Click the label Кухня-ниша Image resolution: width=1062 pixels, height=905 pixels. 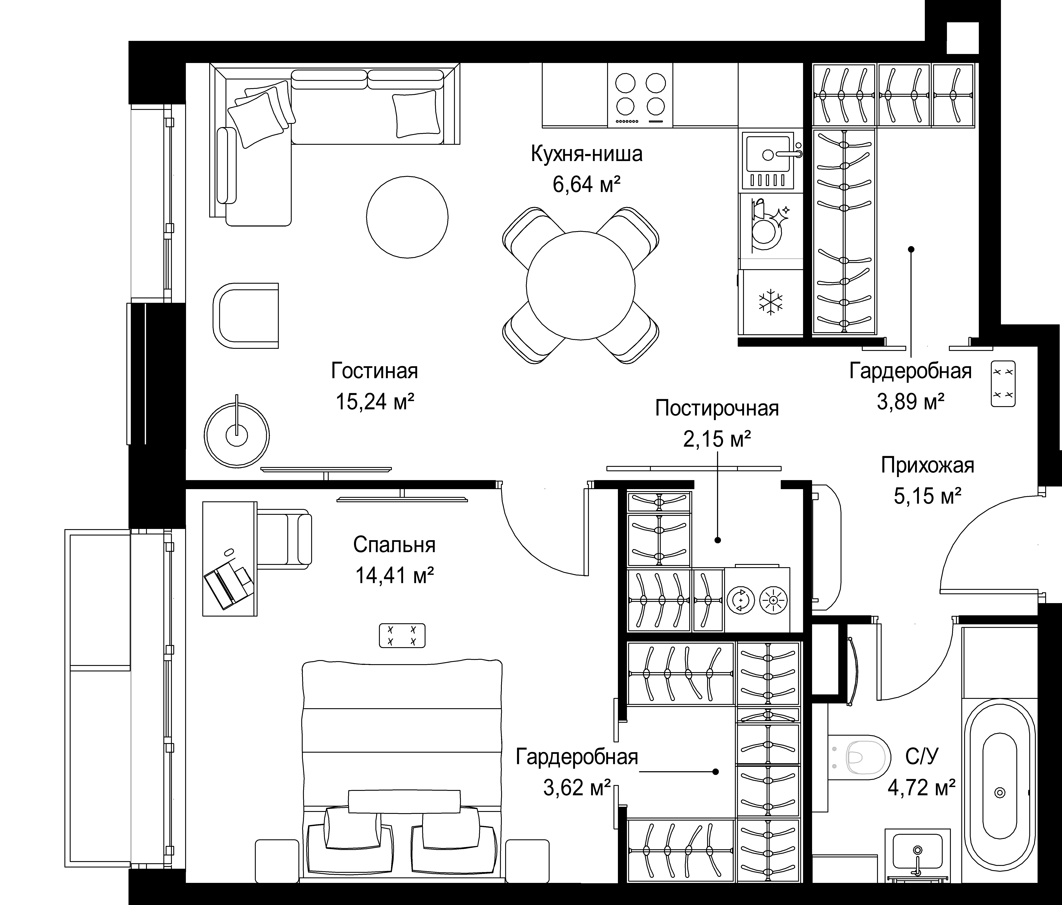(x=586, y=154)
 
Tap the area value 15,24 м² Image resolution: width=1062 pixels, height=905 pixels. (x=375, y=402)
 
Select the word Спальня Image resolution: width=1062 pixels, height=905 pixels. (x=394, y=545)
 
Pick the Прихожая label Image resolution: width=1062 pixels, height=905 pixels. (x=928, y=465)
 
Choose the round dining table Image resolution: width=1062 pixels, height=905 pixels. (x=581, y=285)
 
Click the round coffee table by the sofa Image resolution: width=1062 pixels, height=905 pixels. (x=407, y=217)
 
